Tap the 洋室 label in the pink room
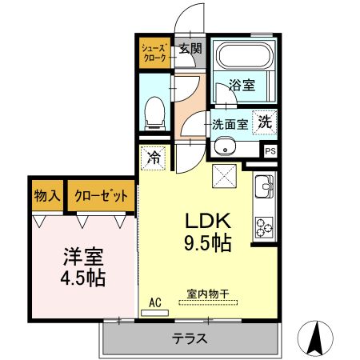(84, 258)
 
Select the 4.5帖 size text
(84, 278)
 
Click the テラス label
(190, 338)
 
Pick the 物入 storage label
(48, 195)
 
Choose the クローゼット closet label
(100, 195)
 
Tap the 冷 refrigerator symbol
(154, 157)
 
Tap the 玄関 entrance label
(190, 49)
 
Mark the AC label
(157, 302)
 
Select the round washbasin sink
(225, 146)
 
